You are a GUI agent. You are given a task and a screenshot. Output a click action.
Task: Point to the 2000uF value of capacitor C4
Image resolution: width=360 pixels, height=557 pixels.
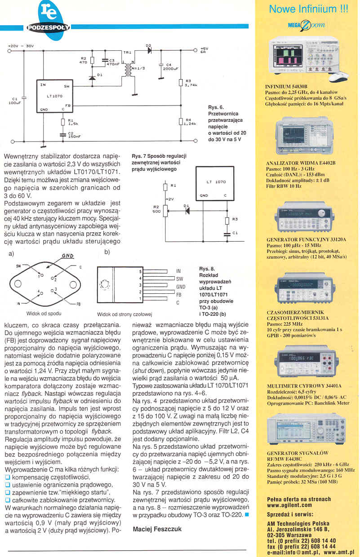tap(171, 69)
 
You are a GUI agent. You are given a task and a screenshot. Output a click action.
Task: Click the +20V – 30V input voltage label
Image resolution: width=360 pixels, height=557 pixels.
tap(21, 46)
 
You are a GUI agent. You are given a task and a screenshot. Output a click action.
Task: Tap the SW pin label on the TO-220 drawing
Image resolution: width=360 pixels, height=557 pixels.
tap(179, 279)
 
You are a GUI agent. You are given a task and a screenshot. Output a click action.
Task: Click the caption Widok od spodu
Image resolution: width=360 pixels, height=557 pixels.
tap(44, 313)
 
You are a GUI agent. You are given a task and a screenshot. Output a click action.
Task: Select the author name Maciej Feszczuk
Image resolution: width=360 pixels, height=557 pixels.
tap(157, 529)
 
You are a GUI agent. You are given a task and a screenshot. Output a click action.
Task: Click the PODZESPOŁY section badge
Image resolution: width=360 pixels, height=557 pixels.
tap(49, 27)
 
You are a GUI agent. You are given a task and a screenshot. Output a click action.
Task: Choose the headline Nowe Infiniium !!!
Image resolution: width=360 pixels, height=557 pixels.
tap(308, 9)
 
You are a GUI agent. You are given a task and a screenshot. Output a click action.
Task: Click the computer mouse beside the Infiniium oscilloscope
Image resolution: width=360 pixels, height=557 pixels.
tap(338, 77)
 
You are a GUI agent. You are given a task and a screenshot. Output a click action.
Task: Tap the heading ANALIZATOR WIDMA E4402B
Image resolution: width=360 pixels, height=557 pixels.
tap(301, 163)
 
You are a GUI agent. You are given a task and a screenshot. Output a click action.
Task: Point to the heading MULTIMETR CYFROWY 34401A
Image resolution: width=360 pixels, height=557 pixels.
tap(304, 385)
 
